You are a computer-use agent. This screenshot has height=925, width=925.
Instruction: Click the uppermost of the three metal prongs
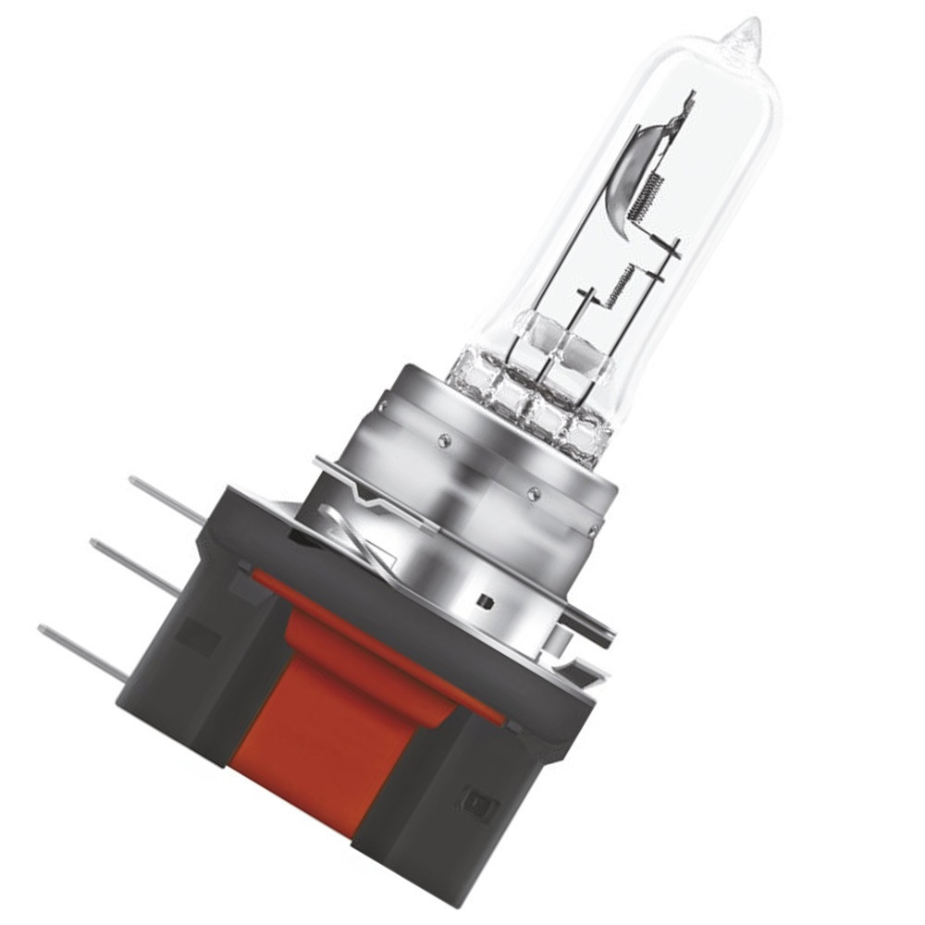pyautogui.click(x=166, y=499)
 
